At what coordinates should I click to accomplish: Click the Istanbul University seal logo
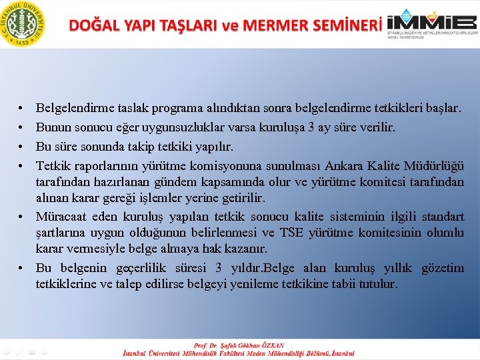tap(23, 24)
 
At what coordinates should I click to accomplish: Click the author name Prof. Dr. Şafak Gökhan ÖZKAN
tap(239, 345)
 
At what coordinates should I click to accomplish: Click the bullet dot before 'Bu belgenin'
tap(22, 268)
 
